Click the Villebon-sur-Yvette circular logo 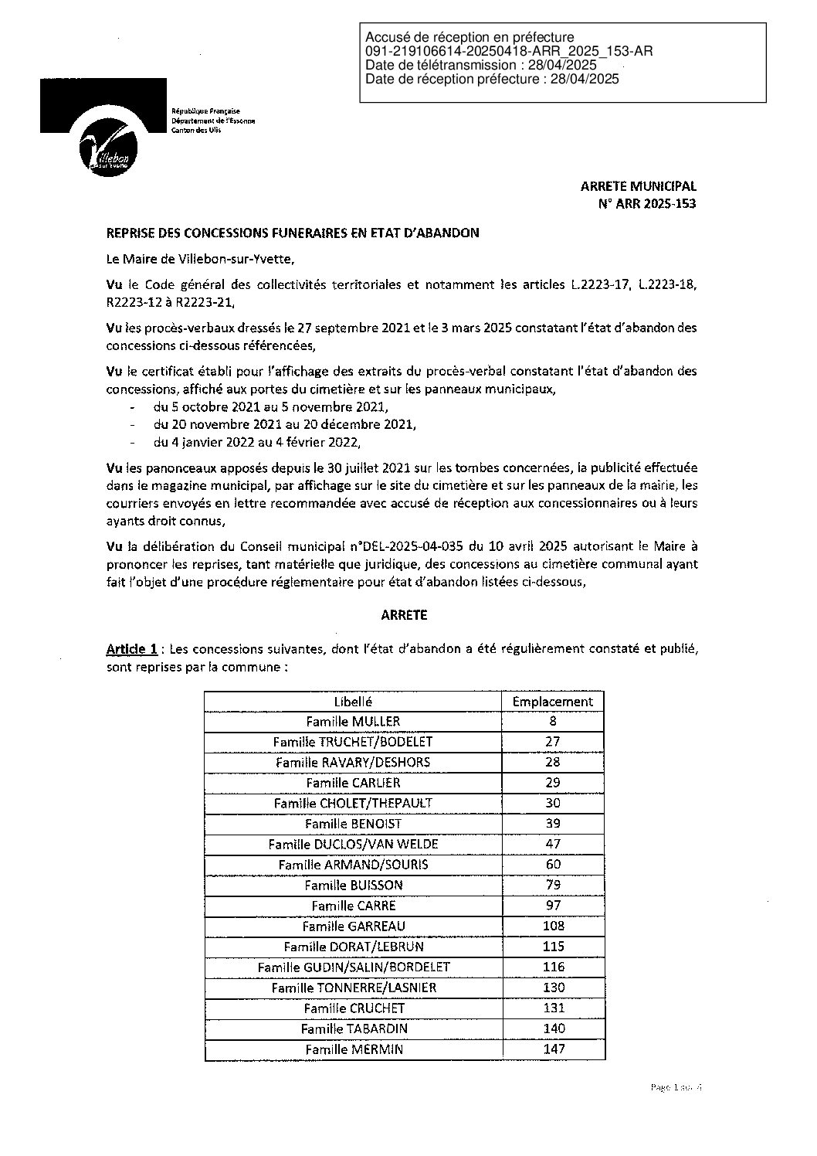point(109,148)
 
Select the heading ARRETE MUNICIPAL point(638,186)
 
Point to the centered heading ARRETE point(403,615)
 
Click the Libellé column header point(353,702)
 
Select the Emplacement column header point(553,702)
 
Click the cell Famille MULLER point(353,722)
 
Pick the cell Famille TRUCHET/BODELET point(353,742)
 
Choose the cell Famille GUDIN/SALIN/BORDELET point(353,967)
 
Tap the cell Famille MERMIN point(353,1049)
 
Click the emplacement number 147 point(553,1049)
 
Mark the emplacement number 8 point(553,722)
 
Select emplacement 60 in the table point(553,865)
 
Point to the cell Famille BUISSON point(353,886)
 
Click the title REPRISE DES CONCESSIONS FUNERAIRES point(293,233)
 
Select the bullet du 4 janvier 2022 point(256,443)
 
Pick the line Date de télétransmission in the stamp point(481,65)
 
